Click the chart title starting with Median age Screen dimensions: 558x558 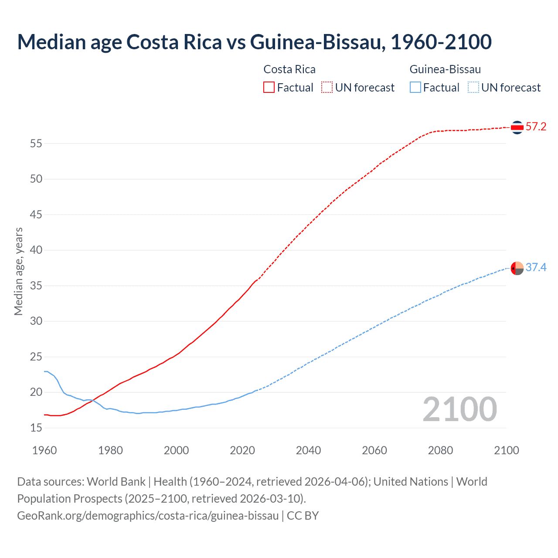point(254,42)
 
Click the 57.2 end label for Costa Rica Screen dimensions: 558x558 point(536,127)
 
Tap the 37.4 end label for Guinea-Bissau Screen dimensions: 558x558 point(536,267)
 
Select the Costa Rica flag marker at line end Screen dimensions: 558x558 point(517,127)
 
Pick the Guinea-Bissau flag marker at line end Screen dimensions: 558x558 point(517,268)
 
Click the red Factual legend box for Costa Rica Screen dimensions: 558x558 point(269,88)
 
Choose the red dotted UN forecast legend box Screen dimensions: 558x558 point(327,88)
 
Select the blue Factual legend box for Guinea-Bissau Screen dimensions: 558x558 point(415,88)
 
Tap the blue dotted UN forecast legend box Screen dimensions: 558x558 point(473,88)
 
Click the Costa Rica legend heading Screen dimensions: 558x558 point(289,69)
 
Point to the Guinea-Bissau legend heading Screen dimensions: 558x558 point(445,69)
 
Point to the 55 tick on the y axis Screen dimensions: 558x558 point(36,143)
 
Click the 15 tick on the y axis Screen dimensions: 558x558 point(36,428)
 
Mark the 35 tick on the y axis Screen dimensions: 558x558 point(36,286)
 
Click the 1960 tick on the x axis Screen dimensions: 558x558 point(44,450)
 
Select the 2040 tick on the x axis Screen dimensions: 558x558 point(308,450)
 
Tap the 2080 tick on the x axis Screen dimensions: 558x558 point(440,450)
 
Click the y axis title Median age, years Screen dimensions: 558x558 point(18,271)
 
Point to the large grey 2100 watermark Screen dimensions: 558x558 point(459,409)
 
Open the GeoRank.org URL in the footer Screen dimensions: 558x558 point(148,516)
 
